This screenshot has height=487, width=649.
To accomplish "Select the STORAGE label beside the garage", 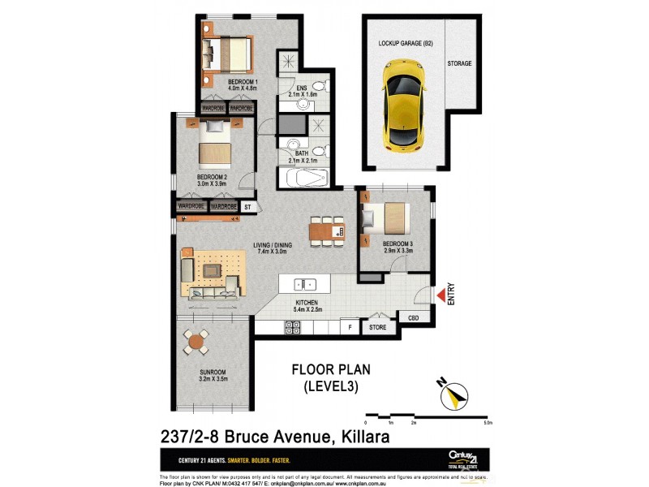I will coord(458,63).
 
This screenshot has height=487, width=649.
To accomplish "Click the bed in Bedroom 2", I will coord(214,143).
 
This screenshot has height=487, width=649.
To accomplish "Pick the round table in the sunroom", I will coord(195,343).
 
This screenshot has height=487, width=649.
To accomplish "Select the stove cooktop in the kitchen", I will coord(293,327).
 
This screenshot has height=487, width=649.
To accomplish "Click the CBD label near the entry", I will coord(413,319).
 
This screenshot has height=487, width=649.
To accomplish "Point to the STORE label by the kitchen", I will coord(377,328).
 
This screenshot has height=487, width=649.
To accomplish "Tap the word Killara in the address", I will coord(362,437).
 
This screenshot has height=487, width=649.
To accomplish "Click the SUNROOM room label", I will coord(214,373).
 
